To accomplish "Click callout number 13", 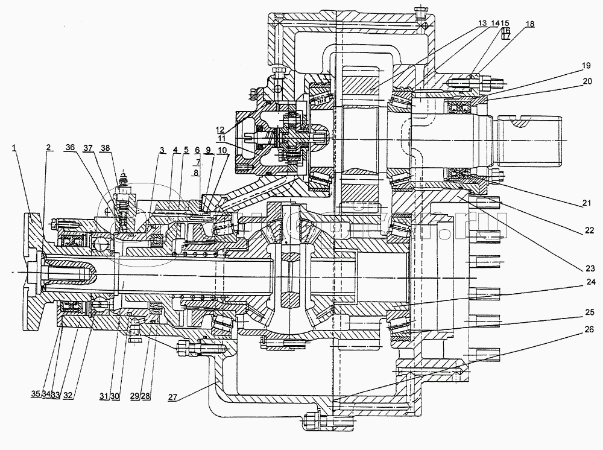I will [482, 22].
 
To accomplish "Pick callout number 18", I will [529, 24].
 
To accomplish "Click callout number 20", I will [587, 80].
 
